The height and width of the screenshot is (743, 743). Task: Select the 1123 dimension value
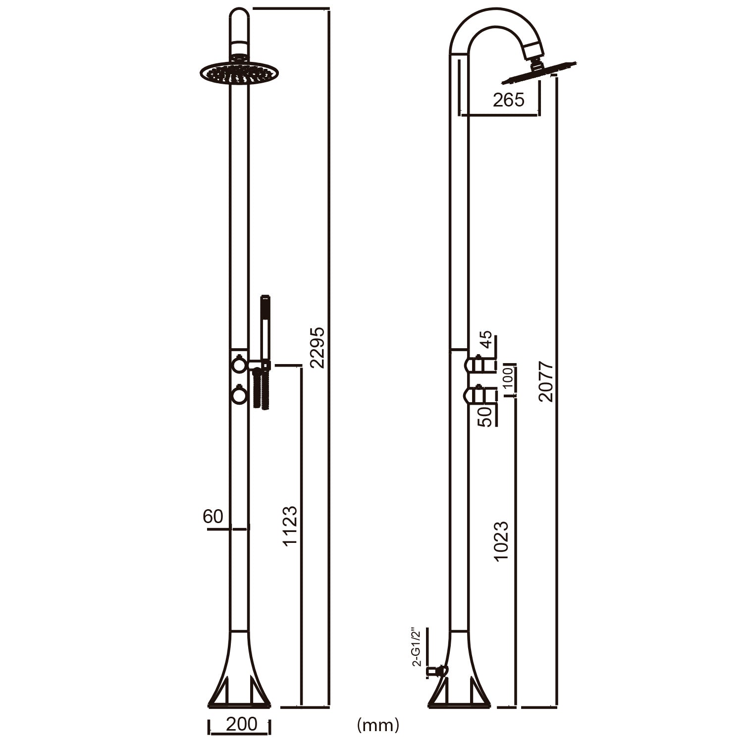[x=290, y=525]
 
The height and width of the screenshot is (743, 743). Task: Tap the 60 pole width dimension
[x=213, y=517]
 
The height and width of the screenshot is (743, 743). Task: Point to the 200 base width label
[x=241, y=724]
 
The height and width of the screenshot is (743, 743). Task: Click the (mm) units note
[x=377, y=725]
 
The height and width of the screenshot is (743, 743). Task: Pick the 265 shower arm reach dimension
[x=508, y=100]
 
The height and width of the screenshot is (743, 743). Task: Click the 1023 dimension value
[x=501, y=541]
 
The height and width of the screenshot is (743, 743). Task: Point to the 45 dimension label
[x=486, y=340]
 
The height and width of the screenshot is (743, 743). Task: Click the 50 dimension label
[x=486, y=416]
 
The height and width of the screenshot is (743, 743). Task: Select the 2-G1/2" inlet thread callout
[x=416, y=647]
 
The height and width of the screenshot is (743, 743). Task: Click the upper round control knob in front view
[x=239, y=365]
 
